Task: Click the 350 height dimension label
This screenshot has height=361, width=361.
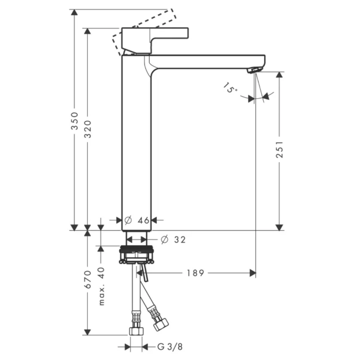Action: [74, 121]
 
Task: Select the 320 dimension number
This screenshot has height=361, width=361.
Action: [88, 129]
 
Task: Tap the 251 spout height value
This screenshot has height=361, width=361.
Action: [279, 149]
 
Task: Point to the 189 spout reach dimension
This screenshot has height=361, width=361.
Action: [195, 273]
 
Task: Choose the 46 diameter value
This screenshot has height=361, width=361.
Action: [143, 221]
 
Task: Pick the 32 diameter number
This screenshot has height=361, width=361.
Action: [180, 240]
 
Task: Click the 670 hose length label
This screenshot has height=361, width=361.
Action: [88, 279]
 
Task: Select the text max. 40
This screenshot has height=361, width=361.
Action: [101, 286]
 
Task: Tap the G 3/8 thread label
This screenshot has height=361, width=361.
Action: [170, 347]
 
